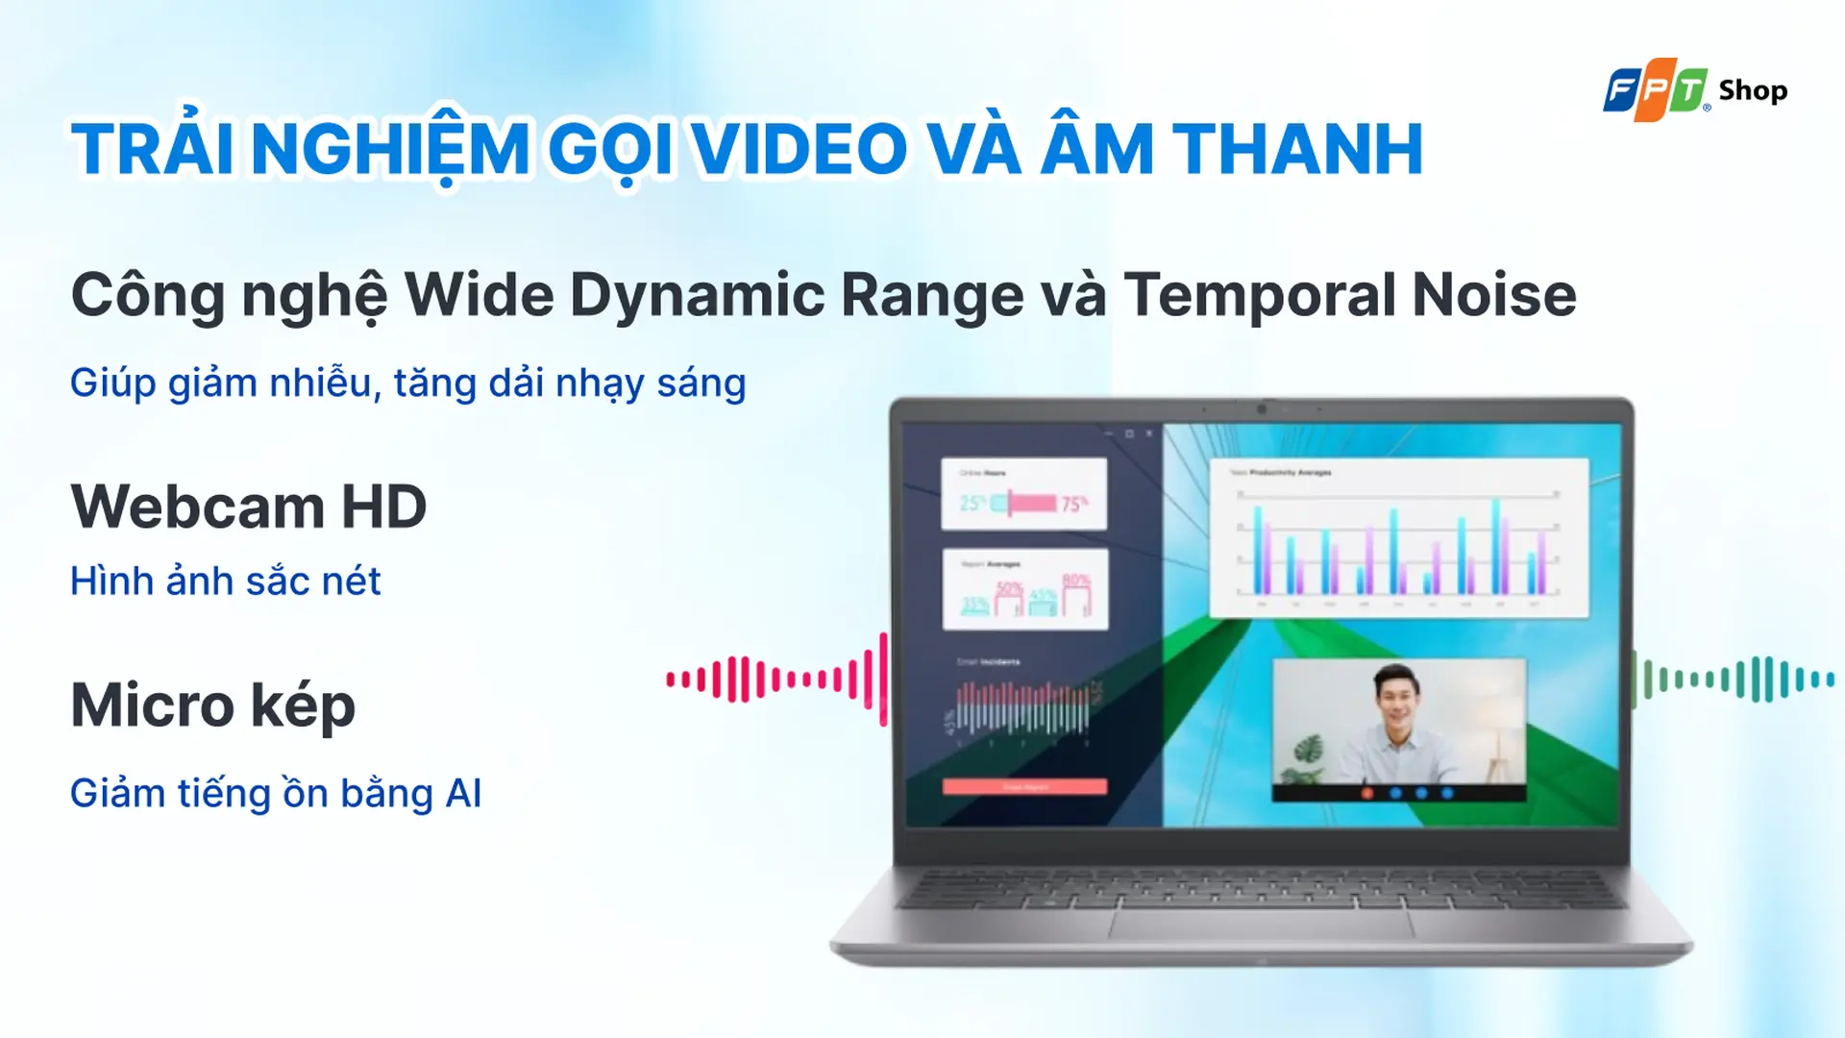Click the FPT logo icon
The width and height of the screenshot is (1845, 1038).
coord(1655,90)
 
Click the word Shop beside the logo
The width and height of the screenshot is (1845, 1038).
coord(1753,90)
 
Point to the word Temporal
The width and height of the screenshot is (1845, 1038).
coord(1259,295)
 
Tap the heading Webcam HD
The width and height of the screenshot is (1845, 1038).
coord(249,507)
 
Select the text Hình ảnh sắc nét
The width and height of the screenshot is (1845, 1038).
coord(225,581)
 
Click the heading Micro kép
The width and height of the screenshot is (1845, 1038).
coord(213,704)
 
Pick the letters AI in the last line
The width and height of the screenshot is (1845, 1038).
coord(463,794)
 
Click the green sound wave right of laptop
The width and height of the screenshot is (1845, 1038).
coord(1735,680)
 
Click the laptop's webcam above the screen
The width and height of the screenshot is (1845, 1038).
coord(1262,409)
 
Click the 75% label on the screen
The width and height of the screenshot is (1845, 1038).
coord(1074,503)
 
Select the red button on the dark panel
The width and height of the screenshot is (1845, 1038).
coord(1024,787)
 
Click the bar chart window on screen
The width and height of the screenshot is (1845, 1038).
coord(1398,538)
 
